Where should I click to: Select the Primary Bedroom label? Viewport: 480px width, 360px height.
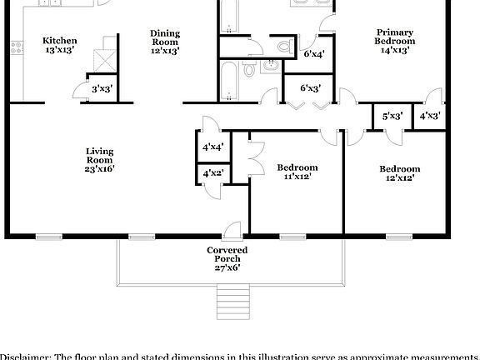tap(394, 37)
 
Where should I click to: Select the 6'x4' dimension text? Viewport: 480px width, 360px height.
tap(315, 54)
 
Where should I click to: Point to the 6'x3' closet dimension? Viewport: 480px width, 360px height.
tap(311, 87)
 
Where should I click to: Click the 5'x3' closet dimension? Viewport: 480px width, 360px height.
tap(392, 116)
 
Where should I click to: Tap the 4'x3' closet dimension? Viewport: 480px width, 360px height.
tap(430, 116)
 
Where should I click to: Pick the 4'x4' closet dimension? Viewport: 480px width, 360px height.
tap(212, 147)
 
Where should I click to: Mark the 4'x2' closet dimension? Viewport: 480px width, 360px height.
tap(212, 173)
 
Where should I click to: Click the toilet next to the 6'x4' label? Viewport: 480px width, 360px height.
tap(284, 46)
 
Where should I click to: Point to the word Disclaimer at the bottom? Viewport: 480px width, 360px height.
tap(25, 356)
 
